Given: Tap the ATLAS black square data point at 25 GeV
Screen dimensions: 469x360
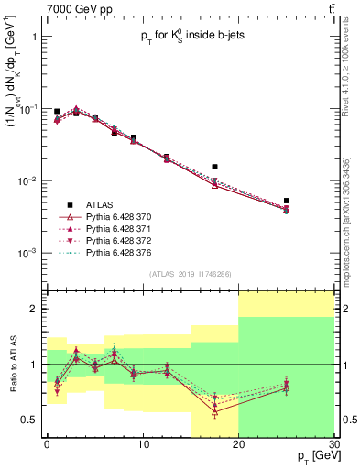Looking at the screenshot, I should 287,201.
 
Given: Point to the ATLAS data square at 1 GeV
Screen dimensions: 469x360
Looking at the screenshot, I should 57,111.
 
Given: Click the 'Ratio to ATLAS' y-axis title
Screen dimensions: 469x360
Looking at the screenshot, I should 12,365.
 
